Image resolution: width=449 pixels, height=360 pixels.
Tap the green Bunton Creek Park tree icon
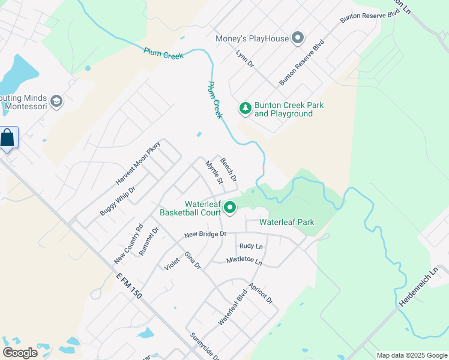click(x=245, y=109)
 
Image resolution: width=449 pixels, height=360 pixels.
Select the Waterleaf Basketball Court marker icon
click(x=230, y=208)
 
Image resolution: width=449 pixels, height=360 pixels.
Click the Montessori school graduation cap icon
click(x=56, y=101)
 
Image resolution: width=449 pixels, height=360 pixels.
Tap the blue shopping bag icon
click(x=8, y=138)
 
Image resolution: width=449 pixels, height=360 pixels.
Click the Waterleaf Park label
click(x=286, y=223)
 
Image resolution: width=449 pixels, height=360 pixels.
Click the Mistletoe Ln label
click(x=244, y=261)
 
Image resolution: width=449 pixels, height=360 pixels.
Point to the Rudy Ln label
click(x=251, y=246)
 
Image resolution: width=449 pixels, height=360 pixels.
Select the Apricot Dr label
click(x=261, y=292)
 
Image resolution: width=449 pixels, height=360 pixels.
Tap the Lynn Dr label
click(x=245, y=58)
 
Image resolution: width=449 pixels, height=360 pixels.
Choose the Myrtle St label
click(x=214, y=172)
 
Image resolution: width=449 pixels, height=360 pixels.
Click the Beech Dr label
click(x=229, y=170)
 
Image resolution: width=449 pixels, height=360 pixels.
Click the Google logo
click(x=20, y=353)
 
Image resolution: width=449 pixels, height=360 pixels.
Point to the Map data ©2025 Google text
click(x=411, y=355)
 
